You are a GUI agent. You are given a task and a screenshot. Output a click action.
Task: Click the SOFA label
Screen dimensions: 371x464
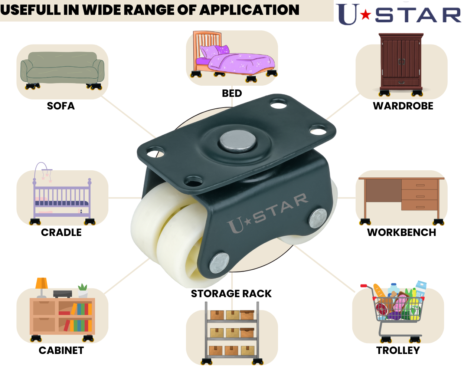[61, 106]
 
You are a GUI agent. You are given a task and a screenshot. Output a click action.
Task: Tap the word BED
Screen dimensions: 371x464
[232, 93]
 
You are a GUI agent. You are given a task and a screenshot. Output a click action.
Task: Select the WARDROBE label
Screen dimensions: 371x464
[403, 106]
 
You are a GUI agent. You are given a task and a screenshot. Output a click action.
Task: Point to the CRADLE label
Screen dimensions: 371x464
[61, 233]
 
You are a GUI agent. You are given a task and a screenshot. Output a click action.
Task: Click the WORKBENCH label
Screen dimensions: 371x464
[402, 233]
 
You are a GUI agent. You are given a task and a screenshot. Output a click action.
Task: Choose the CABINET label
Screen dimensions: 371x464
[61, 351]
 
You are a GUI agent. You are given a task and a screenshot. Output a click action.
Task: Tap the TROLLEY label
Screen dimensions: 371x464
[398, 351]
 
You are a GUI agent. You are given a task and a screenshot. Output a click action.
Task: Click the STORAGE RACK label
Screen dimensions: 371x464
[231, 294]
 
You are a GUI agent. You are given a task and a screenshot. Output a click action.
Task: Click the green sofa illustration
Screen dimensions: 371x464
[62, 69]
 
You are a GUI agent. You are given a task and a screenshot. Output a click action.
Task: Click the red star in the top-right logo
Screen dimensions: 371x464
[366, 15]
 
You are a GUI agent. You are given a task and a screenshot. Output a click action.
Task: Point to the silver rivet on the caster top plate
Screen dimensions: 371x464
[238, 141]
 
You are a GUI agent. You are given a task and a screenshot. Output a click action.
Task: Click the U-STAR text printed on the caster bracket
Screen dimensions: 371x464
[267, 213]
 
